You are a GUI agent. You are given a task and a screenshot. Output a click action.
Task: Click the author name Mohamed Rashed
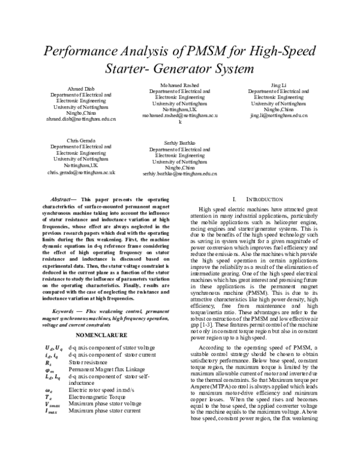[x=179, y=85]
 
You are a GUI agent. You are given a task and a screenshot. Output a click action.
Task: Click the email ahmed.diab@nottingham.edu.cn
[x=80, y=119]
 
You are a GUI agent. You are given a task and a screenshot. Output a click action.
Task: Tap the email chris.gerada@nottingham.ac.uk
[x=80, y=172]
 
